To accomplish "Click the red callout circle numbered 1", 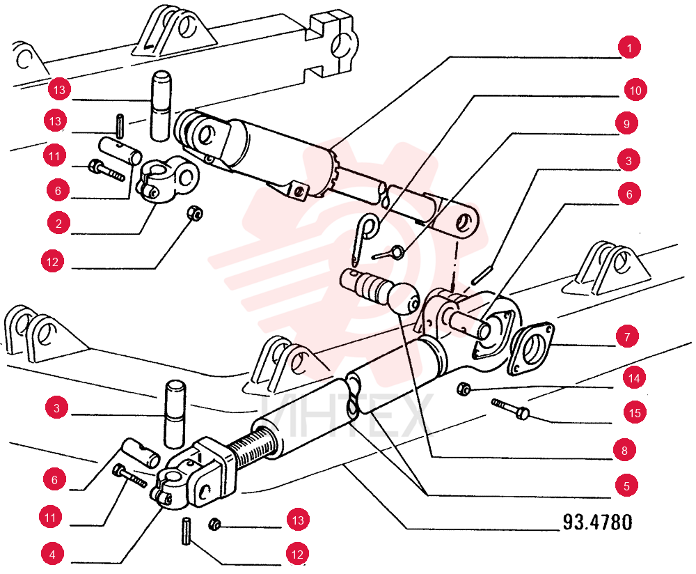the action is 629,47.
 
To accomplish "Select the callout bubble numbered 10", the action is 635,90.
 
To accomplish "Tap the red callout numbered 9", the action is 626,123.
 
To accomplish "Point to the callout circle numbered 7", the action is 627,336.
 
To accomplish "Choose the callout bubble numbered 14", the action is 634,378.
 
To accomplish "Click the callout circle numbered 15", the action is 635,412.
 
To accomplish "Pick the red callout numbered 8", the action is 624,451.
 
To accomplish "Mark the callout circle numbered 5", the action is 626,486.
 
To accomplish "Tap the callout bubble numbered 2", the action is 58,224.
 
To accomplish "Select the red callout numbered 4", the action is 52,554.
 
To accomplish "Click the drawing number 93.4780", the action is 597,522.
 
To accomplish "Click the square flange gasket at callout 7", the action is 532,349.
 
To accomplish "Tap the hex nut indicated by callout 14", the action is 464,389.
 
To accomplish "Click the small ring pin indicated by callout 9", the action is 389,254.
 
